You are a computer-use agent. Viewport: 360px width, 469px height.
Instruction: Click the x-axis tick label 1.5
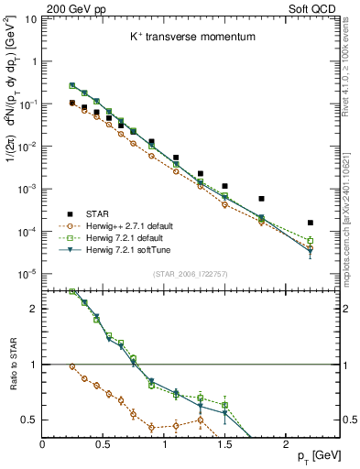click(x=224, y=442)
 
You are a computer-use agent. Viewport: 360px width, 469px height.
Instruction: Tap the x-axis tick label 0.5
click(x=103, y=442)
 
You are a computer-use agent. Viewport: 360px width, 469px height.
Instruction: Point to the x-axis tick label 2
click(x=286, y=442)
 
